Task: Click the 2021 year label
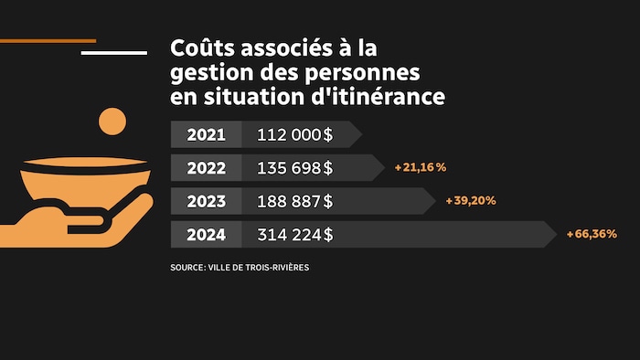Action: click(x=206, y=135)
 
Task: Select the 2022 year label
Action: click(x=206, y=168)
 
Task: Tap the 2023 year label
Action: click(x=206, y=201)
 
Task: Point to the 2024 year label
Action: click(x=206, y=235)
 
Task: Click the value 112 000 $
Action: click(x=294, y=135)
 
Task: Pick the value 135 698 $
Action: click(x=294, y=168)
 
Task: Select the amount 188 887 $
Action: click(x=294, y=201)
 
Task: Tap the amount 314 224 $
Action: click(x=294, y=235)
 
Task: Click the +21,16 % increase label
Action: click(x=420, y=167)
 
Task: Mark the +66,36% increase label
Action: click(x=592, y=235)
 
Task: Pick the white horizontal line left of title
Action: click(x=113, y=52)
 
